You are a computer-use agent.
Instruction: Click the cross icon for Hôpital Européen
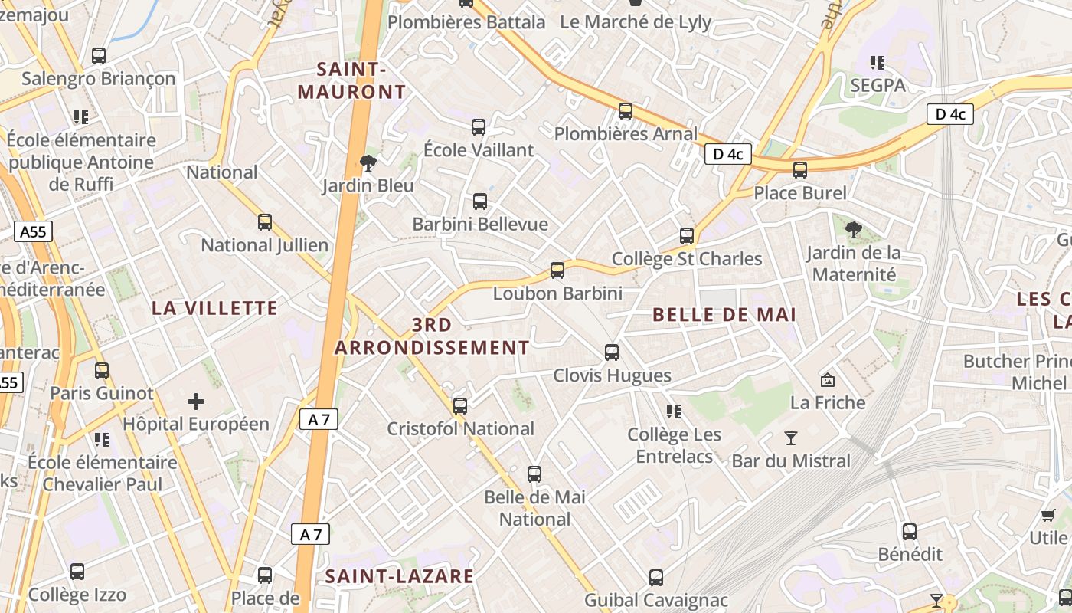click(196, 401)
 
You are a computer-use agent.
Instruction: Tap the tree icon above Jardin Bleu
click(368, 162)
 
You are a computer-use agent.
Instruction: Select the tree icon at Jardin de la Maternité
click(854, 229)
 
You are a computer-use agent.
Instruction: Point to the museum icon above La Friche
click(828, 379)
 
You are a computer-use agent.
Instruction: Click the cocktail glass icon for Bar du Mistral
click(791, 438)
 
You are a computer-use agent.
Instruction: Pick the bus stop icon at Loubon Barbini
click(557, 270)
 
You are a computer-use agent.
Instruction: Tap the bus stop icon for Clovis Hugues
click(612, 352)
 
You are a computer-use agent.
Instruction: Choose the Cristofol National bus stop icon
click(460, 406)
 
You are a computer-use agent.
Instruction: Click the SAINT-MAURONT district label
click(351, 80)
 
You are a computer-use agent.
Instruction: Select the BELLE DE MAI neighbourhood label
click(724, 314)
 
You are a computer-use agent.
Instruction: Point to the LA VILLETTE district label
click(214, 308)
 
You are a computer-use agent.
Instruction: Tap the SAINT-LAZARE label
click(400, 576)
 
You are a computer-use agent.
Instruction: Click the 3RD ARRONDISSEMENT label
click(432, 336)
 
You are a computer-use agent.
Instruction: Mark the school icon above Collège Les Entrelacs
click(674, 411)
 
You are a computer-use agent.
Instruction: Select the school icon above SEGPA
click(878, 62)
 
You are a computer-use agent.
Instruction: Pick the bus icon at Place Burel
click(800, 170)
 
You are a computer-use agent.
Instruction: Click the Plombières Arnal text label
click(626, 134)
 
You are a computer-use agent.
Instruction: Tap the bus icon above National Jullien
click(265, 222)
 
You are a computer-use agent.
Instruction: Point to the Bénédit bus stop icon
click(910, 531)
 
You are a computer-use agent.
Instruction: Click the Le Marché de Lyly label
click(636, 21)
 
